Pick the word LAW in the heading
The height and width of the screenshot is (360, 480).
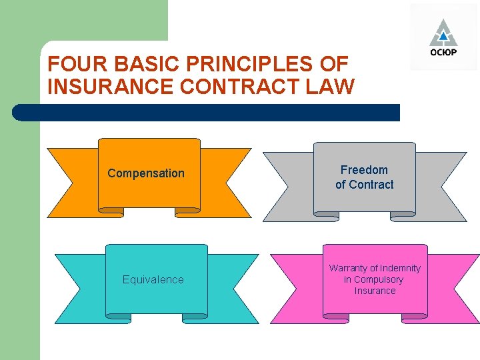tap(331, 87)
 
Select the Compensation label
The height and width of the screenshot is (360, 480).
tap(146, 173)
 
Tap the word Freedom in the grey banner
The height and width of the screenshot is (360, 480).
tap(364, 170)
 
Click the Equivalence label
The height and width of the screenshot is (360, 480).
tap(153, 279)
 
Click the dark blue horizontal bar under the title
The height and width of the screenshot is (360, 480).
tap(207, 113)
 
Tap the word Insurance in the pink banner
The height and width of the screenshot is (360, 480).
tap(375, 291)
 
